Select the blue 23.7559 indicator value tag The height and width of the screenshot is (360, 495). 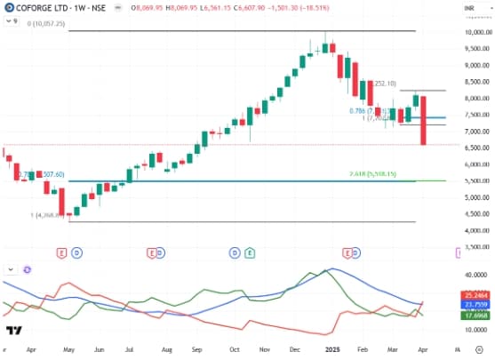tap(477, 304)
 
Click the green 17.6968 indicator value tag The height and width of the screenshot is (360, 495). tap(477, 315)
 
